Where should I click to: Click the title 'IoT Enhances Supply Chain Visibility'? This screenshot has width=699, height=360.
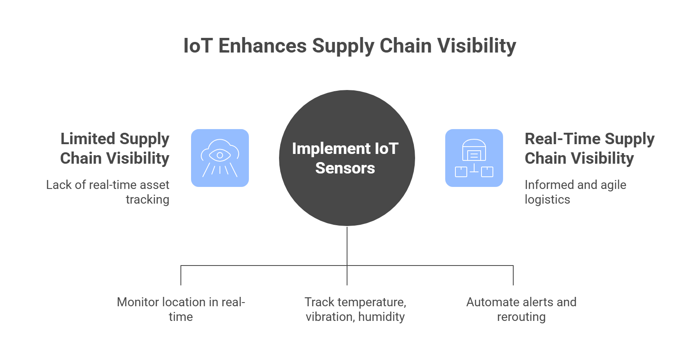(349, 46)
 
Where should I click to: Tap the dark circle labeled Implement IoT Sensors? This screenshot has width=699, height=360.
(347, 158)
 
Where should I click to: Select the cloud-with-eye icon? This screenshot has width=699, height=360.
(220, 158)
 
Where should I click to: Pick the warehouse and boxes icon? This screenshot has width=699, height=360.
(474, 158)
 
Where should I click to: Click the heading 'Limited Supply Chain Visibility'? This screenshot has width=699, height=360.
(115, 148)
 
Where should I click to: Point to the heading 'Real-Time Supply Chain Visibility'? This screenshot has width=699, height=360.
(589, 148)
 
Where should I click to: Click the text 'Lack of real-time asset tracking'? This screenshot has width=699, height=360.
(108, 192)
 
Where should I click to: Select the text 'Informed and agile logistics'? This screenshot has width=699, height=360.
(575, 192)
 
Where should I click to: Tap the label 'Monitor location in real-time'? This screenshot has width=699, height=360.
(181, 310)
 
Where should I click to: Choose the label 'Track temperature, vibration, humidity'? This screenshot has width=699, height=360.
(355, 310)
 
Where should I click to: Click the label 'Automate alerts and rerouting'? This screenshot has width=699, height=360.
(521, 310)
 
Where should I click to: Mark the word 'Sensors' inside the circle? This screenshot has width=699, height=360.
(345, 168)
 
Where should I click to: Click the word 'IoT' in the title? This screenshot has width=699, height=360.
(198, 46)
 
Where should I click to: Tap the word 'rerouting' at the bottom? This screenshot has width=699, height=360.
(521, 317)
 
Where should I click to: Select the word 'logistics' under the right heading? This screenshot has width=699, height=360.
(547, 200)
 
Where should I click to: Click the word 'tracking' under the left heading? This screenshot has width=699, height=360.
(147, 200)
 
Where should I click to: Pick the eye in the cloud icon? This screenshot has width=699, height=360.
(220, 155)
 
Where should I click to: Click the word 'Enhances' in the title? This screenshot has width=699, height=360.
(262, 46)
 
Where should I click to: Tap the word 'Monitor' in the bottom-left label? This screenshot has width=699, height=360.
(138, 302)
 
